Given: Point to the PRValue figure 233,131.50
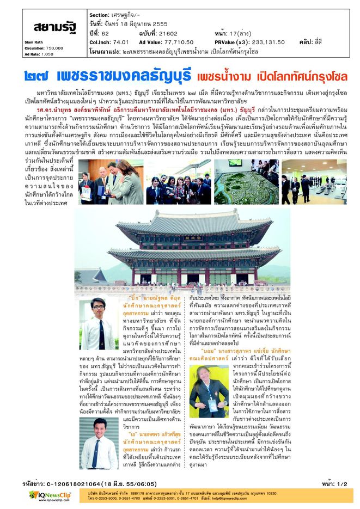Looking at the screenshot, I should point(267,41).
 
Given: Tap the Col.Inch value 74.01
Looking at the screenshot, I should point(120,41).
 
